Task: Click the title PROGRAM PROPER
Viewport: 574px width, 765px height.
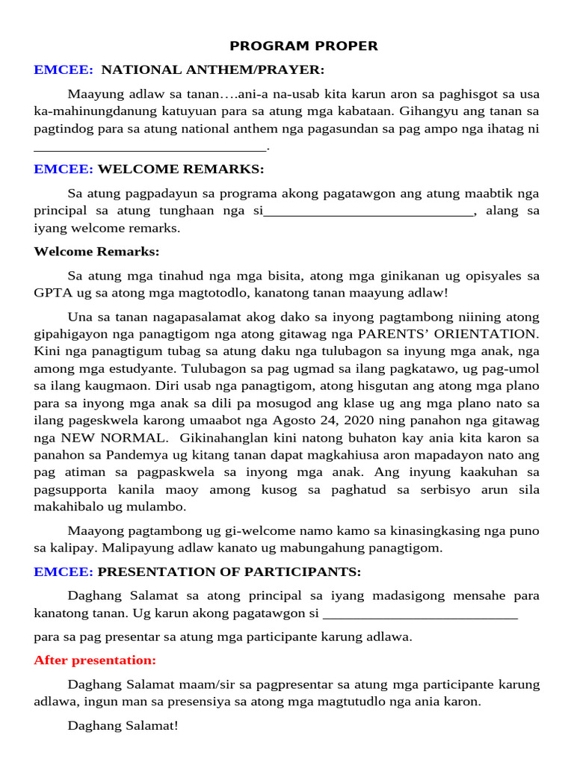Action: [x=303, y=46]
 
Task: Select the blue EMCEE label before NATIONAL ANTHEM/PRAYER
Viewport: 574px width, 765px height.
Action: [x=64, y=70]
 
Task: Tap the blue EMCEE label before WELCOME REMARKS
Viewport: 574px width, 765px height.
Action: [x=64, y=170]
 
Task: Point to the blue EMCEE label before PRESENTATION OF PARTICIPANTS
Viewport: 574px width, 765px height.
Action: [x=64, y=572]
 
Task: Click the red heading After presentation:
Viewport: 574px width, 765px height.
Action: [x=95, y=660]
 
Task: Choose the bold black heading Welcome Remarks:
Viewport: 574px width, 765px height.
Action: [x=96, y=252]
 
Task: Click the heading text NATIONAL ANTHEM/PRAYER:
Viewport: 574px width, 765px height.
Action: [x=213, y=70]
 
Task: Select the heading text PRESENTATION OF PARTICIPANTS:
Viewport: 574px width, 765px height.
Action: [x=229, y=572]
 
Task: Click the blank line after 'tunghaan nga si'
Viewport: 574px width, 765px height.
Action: [x=368, y=211]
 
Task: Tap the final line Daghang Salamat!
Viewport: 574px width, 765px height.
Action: [x=123, y=725]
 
